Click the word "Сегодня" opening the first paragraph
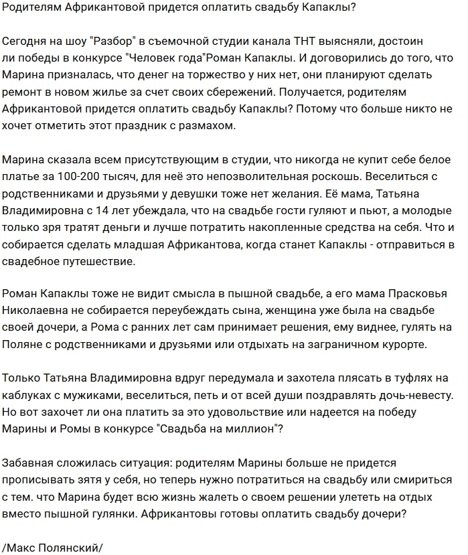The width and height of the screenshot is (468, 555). pyautogui.click(x=25, y=39)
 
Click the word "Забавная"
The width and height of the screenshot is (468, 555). pyautogui.click(x=28, y=463)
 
